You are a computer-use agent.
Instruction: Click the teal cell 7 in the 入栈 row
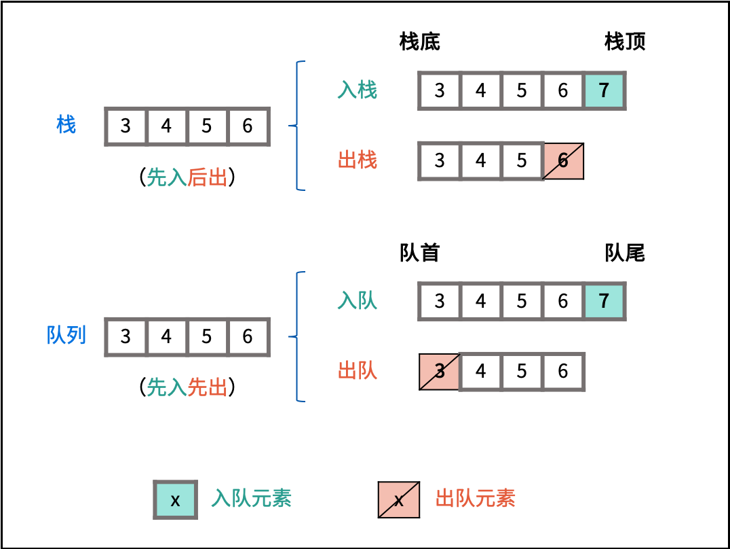pos(604,90)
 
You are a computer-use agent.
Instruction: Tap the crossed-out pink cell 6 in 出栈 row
pos(563,160)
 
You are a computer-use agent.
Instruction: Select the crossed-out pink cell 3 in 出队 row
pos(440,371)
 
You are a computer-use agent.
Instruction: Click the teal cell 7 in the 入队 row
pos(604,301)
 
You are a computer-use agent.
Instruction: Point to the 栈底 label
pos(420,42)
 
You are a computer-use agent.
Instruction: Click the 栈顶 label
pos(625,42)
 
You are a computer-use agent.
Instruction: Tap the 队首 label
pos(420,253)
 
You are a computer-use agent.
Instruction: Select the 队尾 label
pos(625,253)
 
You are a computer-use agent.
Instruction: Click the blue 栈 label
pos(66,125)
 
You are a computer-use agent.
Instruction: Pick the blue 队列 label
pos(66,336)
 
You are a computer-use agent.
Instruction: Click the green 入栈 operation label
pos(357,90)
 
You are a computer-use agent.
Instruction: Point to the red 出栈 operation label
pos(357,160)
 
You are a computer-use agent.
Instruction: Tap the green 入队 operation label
pos(357,301)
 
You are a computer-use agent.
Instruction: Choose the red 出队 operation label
pos(357,371)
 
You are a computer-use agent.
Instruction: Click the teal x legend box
pos(175,500)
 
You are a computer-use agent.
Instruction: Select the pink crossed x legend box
pos(399,500)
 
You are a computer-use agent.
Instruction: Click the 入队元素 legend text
pos(252,499)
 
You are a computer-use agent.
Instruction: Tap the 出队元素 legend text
pos(475,499)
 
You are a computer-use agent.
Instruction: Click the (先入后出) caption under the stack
pos(187,177)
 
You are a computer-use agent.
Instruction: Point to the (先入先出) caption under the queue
pos(187,387)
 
